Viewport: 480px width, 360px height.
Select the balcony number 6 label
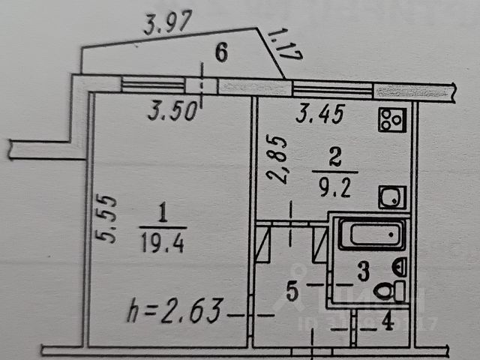tap(220, 52)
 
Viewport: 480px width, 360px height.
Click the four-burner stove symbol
tap(391, 118)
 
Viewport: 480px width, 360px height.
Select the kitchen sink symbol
tap(389, 198)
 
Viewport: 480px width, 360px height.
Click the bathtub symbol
tap(372, 234)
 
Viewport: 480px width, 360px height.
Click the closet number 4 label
tap(388, 324)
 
